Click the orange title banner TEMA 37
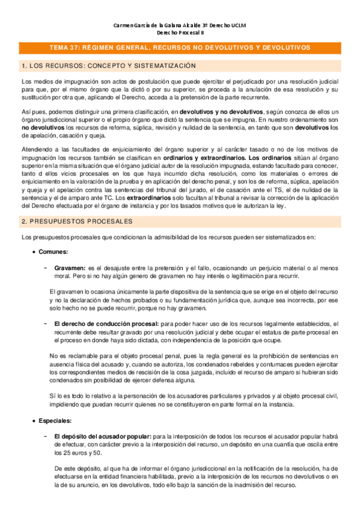tap(180, 47)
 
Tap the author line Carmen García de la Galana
tap(180, 25)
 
